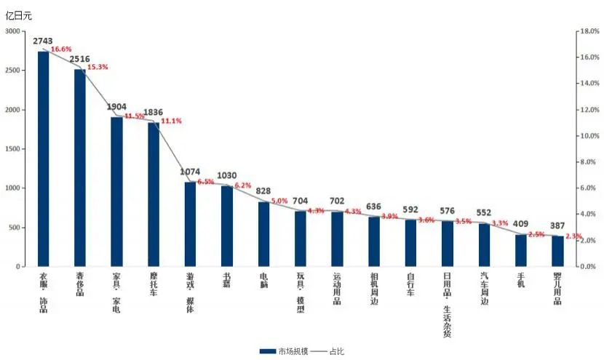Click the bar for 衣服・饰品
pos(43,159)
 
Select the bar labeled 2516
pos(79,168)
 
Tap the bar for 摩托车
pos(153,194)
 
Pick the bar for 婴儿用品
pos(557,251)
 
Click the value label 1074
pos(190,172)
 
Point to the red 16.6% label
pos(61,49)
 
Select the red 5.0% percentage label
pos(279,201)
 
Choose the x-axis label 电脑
pos(263,281)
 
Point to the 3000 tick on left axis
pos(13,31)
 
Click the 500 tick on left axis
pos(15,228)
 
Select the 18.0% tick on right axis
pos(587,31)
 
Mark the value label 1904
pos(116,107)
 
